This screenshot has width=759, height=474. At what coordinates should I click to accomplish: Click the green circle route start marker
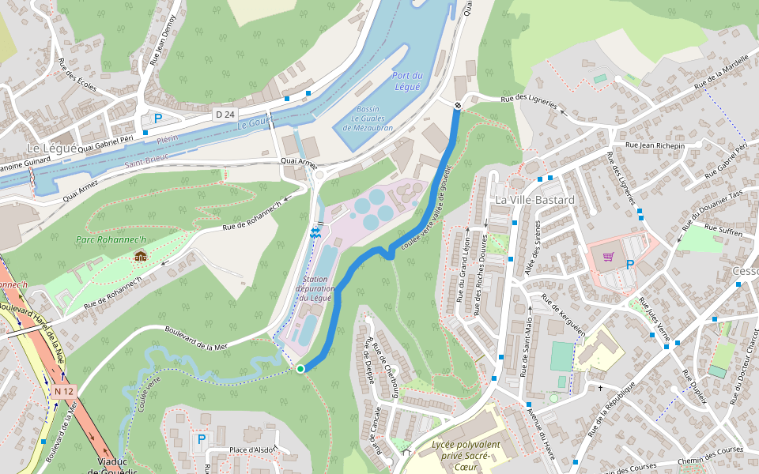(x=300, y=369)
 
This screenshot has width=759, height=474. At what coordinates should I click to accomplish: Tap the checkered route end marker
(x=458, y=105)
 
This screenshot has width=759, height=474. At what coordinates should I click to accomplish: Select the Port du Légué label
(x=407, y=81)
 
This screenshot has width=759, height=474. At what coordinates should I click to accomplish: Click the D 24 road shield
(x=225, y=115)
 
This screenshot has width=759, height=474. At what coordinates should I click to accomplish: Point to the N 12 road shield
(x=64, y=391)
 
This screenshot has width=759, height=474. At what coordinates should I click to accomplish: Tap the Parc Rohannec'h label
(x=111, y=239)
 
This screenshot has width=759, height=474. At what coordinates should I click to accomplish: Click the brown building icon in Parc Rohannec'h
(x=141, y=255)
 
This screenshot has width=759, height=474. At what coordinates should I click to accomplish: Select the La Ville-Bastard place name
(x=534, y=200)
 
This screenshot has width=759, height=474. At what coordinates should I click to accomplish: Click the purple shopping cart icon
(x=608, y=256)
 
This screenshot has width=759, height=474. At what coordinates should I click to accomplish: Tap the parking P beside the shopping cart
(x=629, y=265)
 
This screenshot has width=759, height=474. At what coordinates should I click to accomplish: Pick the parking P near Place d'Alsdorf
(x=201, y=438)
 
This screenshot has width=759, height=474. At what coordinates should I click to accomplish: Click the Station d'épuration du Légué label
(x=315, y=289)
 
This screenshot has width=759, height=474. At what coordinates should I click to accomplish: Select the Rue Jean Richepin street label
(x=655, y=145)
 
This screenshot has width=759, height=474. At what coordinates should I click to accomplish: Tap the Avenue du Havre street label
(x=544, y=435)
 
